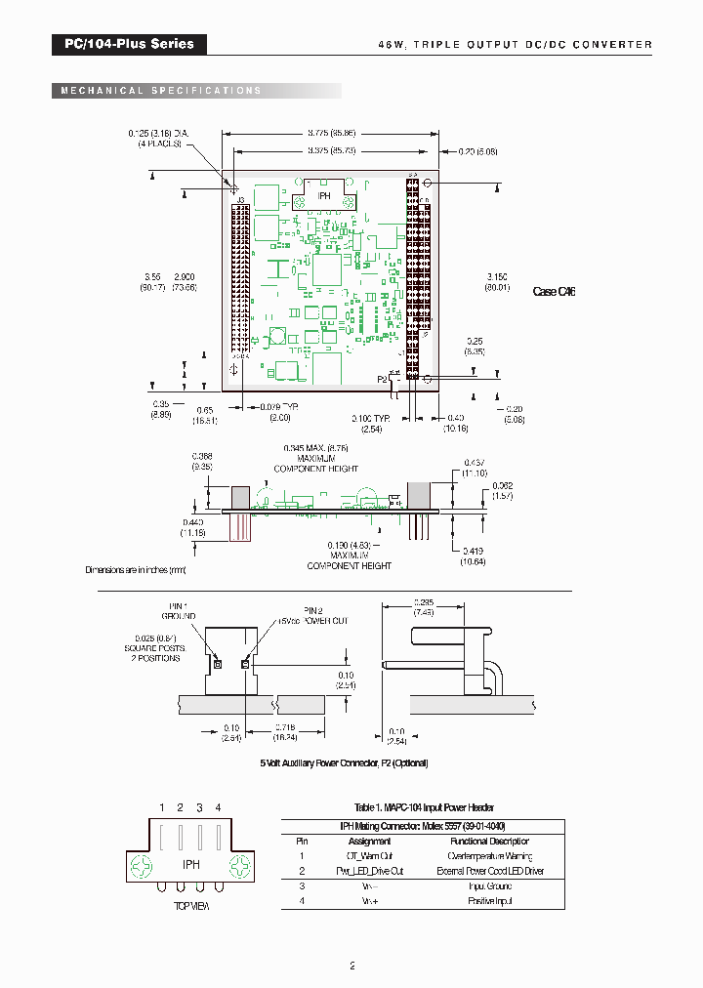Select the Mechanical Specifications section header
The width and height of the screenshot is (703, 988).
[x=161, y=91]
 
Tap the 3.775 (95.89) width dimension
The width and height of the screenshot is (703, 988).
[x=332, y=132]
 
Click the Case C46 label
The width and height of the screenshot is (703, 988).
[x=554, y=291]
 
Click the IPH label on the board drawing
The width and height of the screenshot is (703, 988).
[x=323, y=194]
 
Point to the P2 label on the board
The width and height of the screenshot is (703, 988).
[x=382, y=378]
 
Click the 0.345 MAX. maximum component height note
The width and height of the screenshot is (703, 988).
[x=315, y=458]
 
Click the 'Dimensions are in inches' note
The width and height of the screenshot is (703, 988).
[x=135, y=569]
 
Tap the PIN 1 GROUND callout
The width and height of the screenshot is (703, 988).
[x=179, y=611]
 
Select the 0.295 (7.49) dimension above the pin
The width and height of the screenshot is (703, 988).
[x=423, y=606]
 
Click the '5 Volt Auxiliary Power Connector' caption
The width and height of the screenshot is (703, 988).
[x=344, y=762]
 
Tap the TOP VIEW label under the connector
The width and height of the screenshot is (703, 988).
[x=191, y=906]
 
